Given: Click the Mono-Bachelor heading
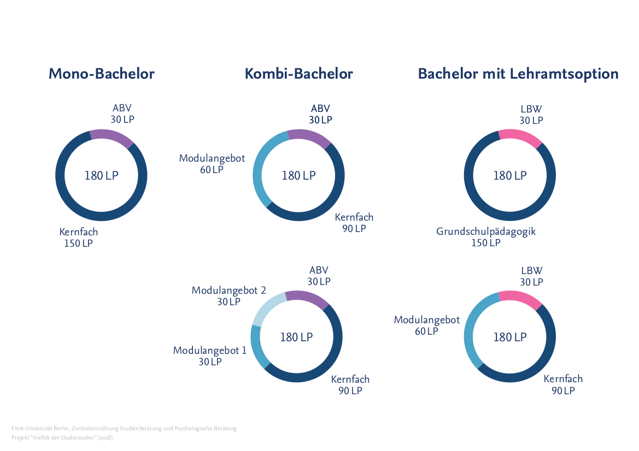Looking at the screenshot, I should coord(101,74).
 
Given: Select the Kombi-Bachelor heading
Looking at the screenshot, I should coord(298,74).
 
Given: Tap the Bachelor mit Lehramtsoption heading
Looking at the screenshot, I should coord(518,74).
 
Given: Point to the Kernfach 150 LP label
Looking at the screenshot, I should coord(79,238).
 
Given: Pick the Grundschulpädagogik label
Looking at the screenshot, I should coord(486,237).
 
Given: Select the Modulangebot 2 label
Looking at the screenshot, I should coord(228,295).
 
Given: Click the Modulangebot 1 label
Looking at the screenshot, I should coord(210,355).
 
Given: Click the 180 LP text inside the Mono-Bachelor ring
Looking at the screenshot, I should coord(101,175).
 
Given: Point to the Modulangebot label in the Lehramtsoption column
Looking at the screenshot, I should coord(427,325).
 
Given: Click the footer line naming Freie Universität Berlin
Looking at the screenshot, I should coord(124,429).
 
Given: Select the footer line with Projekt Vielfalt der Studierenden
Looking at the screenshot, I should coord(62,437).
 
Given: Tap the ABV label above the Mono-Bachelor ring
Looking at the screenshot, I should coord(122,114).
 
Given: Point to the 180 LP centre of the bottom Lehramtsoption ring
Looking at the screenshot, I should coord(510,337).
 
